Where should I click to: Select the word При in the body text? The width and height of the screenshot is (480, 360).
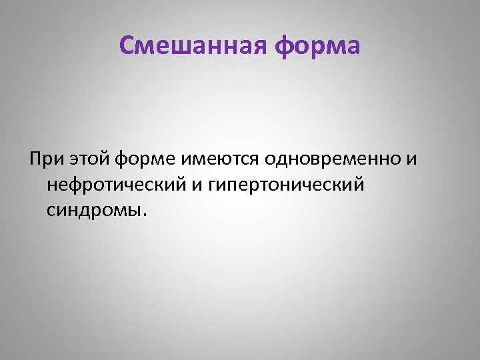44,160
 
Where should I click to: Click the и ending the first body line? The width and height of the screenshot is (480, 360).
413,160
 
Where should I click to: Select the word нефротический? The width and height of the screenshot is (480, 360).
117,185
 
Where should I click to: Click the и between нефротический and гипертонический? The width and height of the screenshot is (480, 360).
199,185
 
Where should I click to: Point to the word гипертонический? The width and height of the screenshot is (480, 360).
287,185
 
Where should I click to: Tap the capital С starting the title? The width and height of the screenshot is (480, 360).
127,46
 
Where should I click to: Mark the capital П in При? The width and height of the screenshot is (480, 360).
35,160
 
